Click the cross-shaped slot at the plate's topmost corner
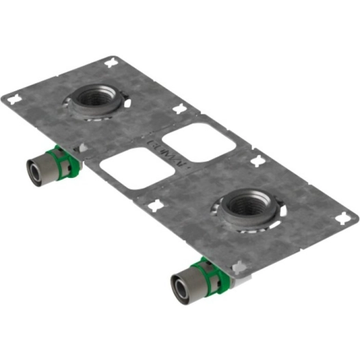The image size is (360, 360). (x=110, y=64)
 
